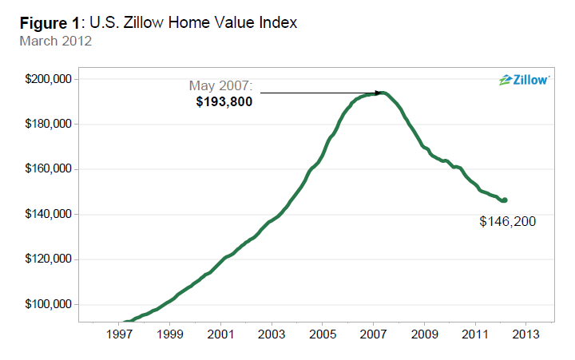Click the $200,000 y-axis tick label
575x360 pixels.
pos(50,79)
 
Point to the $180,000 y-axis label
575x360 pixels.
pos(50,125)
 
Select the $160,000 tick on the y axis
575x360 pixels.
pos(50,169)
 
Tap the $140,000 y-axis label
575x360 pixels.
pos(50,215)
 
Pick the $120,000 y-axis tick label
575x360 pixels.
pos(50,259)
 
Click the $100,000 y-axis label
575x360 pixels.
pos(50,305)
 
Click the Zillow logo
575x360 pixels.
pos(524,80)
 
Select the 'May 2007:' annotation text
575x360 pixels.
pos(220,85)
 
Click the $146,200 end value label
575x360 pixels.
pos(508,221)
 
